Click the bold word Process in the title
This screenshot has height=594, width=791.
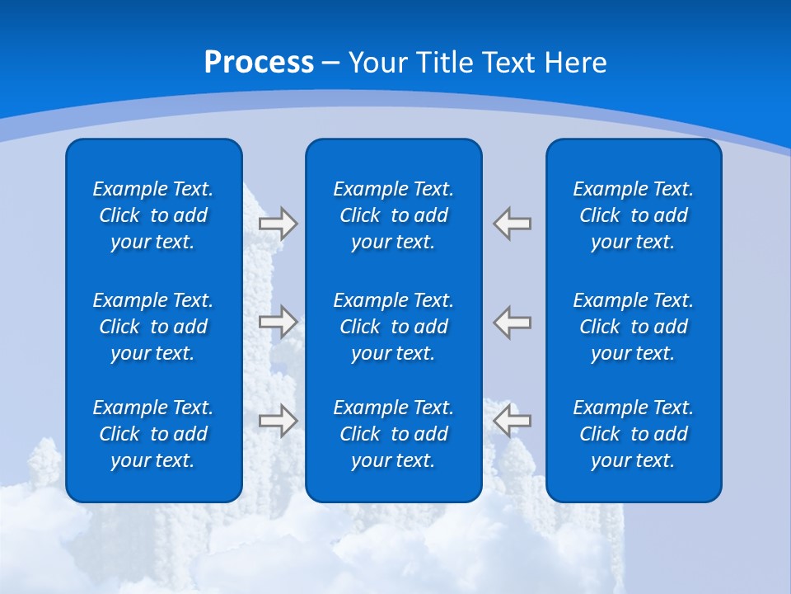tap(259, 63)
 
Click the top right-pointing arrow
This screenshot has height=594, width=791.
tap(278, 224)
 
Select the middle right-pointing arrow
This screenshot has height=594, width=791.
tap(278, 320)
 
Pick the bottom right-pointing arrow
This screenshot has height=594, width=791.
tap(278, 420)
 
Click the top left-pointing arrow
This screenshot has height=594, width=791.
tap(513, 224)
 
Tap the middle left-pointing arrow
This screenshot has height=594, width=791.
tap(513, 320)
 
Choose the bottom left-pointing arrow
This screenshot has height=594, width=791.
tap(513, 420)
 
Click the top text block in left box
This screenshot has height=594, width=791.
tap(153, 215)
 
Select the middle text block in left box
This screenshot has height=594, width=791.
tap(153, 327)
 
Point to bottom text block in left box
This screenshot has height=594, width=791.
tap(153, 434)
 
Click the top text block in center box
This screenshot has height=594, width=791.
tap(394, 215)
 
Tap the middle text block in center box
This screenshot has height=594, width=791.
tap(394, 327)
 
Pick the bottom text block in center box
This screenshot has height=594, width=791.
tap(394, 434)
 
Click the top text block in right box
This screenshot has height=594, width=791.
tap(634, 215)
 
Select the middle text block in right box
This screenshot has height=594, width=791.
tap(634, 327)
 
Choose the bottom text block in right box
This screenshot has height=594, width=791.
tap(634, 434)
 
